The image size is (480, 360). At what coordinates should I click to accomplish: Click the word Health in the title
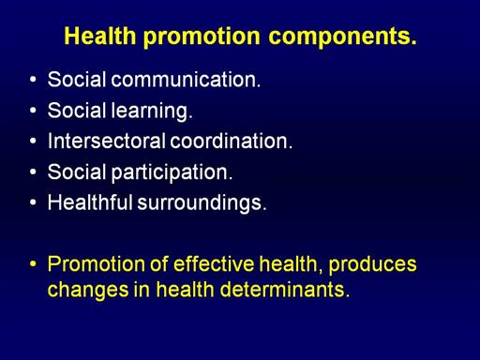tap(100, 36)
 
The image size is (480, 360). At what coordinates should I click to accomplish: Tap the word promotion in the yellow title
tap(202, 37)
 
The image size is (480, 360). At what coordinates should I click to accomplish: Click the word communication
tap(186, 80)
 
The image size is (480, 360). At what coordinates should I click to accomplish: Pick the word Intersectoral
tap(106, 141)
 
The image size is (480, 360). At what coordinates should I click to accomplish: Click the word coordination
tap(231, 141)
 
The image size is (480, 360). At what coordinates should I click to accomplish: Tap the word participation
tap(172, 172)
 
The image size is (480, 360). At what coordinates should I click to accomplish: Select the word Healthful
tap(90, 202)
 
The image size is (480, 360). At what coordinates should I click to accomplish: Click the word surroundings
tap(202, 203)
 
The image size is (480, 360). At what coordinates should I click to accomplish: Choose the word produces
tap(372, 265)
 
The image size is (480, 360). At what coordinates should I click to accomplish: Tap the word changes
tap(88, 290)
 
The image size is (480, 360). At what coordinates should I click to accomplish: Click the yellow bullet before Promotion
tap(33, 264)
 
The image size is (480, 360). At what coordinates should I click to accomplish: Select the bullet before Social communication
tap(33, 80)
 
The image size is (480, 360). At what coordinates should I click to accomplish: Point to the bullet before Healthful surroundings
tap(33, 202)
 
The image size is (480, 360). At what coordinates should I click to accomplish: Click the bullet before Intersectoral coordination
tap(33, 141)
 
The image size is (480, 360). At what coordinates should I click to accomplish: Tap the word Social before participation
tap(77, 172)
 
